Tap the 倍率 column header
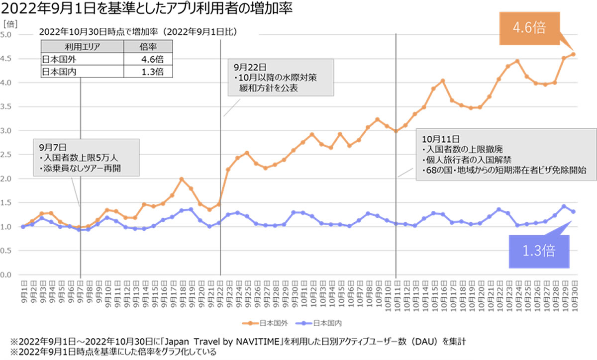[148, 47]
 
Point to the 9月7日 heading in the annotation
[50, 148]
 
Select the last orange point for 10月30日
[573, 54]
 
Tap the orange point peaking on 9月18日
[182, 179]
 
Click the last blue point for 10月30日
[573, 211]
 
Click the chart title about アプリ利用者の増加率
[147, 8]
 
